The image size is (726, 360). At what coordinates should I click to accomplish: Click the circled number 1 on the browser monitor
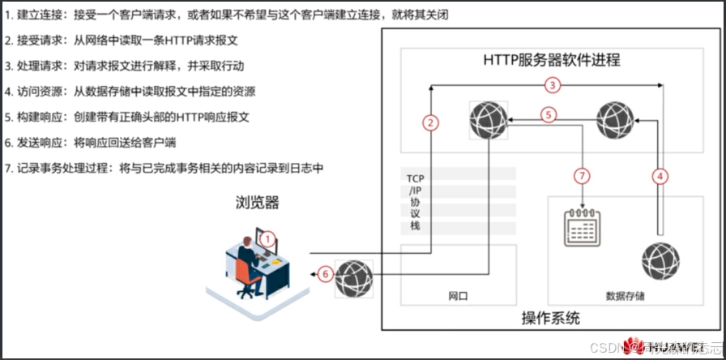pos(268,238)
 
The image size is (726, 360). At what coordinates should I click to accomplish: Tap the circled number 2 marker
pos(431,122)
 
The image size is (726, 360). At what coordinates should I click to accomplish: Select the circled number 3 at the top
pos(552,84)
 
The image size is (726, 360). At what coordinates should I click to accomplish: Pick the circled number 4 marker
pos(660,174)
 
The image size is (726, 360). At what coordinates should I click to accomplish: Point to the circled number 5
pos(549,115)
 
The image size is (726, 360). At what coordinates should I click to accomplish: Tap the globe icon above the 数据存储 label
pos(660,262)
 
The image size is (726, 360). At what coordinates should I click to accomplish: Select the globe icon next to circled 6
pos(353,277)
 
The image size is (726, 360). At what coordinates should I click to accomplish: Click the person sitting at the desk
pos(247,258)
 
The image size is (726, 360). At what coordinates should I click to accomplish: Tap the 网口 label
pos(459,296)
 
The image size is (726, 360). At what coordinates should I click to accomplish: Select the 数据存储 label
pos(625,296)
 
